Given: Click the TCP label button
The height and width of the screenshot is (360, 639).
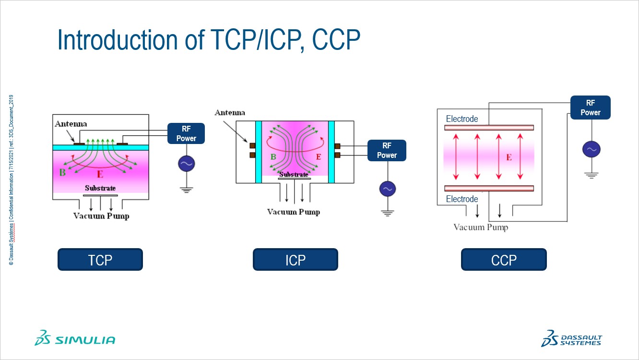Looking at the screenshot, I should pyautogui.click(x=100, y=260).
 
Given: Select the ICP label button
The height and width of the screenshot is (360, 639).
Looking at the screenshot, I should pyautogui.click(x=295, y=260).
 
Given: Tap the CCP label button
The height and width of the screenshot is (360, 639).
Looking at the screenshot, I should pyautogui.click(x=504, y=260).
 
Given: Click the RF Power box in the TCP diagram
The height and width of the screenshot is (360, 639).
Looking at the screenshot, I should pyautogui.click(x=186, y=133).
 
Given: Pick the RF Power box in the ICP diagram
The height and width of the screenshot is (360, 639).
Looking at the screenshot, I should pyautogui.click(x=387, y=150).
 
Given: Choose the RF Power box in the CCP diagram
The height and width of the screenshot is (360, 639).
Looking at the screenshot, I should pyautogui.click(x=590, y=108).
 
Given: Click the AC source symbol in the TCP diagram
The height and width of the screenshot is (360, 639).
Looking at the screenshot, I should pyautogui.click(x=186, y=164).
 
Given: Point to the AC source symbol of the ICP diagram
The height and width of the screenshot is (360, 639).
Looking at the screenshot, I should pyautogui.click(x=387, y=189).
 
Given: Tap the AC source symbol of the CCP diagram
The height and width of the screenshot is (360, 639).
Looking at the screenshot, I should pyautogui.click(x=591, y=149).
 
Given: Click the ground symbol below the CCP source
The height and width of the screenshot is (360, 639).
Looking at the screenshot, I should pyautogui.click(x=591, y=175).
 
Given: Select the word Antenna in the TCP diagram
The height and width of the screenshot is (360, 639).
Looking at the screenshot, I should pyautogui.click(x=71, y=124).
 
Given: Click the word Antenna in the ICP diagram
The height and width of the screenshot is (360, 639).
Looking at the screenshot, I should pyautogui.click(x=230, y=113).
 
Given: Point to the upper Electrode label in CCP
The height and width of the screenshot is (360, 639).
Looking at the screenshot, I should pyautogui.click(x=462, y=119).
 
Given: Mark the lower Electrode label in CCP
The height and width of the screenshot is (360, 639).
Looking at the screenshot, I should pyautogui.click(x=462, y=199).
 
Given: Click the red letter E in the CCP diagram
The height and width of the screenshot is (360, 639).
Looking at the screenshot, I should pyautogui.click(x=509, y=157).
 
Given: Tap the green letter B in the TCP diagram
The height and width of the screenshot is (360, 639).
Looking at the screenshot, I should pyautogui.click(x=62, y=172).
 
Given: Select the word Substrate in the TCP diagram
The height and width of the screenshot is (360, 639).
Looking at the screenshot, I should pyautogui.click(x=100, y=188).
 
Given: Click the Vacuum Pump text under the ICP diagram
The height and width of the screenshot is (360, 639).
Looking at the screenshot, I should pyautogui.click(x=294, y=212).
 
